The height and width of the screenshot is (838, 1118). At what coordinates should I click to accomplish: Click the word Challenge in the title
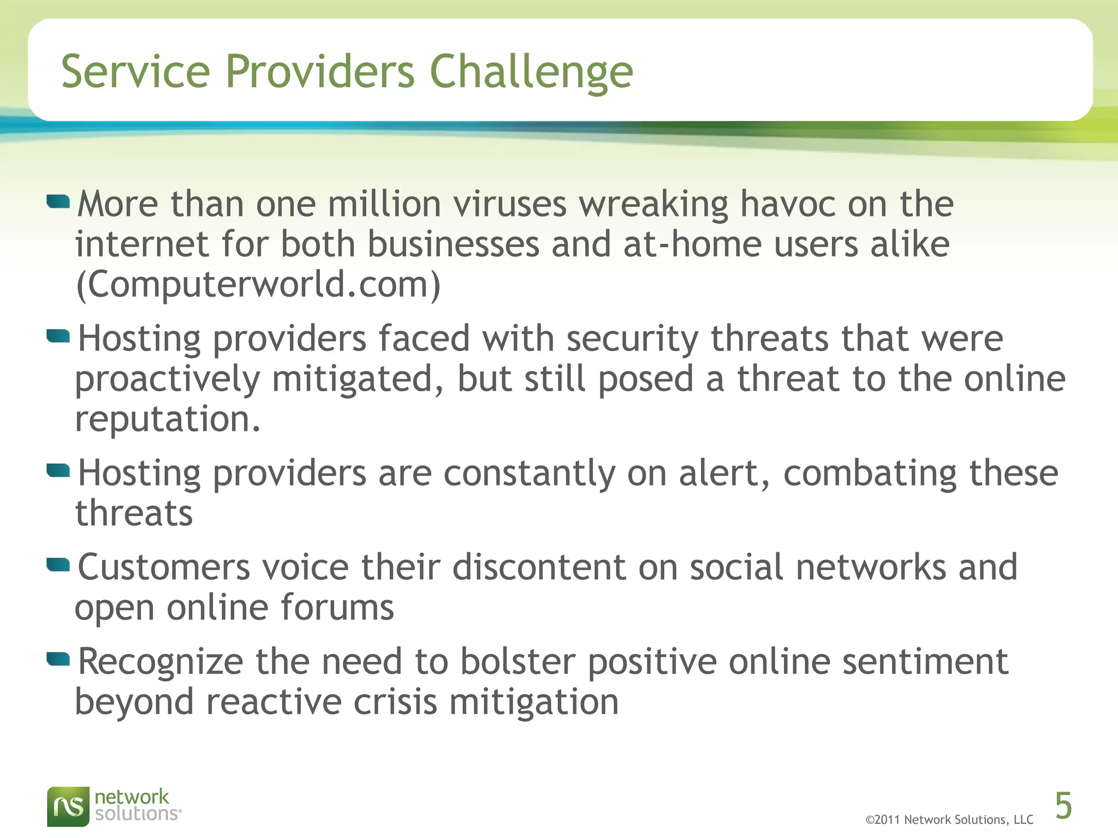coord(531,72)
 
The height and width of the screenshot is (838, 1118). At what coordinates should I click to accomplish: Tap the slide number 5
coord(1063,806)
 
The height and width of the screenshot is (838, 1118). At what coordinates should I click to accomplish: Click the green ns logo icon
coord(68,806)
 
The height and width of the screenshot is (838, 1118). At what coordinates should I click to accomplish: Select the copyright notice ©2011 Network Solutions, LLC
coord(949,819)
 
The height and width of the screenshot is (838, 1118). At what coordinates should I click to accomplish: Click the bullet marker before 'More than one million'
coord(58,202)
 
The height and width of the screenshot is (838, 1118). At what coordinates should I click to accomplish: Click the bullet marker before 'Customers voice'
coord(58,564)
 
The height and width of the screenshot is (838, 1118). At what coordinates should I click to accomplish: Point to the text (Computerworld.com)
coord(258,285)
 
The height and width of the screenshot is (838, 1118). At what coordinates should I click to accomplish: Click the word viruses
coord(510,204)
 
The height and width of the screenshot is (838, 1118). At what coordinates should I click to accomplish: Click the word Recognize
coord(160,662)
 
